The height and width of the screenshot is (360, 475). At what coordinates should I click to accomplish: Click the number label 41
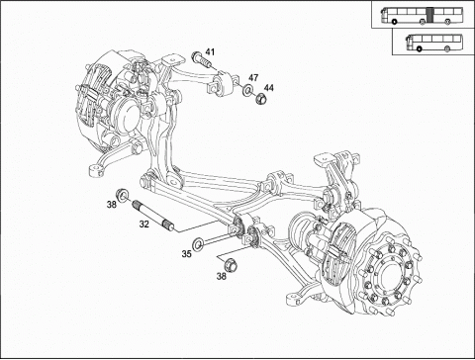210,51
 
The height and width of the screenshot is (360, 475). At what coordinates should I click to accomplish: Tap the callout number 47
253,78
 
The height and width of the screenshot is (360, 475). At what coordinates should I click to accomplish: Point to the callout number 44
269,88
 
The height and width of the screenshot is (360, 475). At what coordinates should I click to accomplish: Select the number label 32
143,225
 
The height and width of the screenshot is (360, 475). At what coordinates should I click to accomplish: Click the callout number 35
187,254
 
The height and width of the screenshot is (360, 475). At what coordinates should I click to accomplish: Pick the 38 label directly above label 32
112,205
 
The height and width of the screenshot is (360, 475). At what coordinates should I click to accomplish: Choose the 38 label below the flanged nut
222,276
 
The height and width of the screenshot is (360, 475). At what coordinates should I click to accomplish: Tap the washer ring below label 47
247,90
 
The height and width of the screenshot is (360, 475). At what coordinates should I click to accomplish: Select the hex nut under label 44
261,98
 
